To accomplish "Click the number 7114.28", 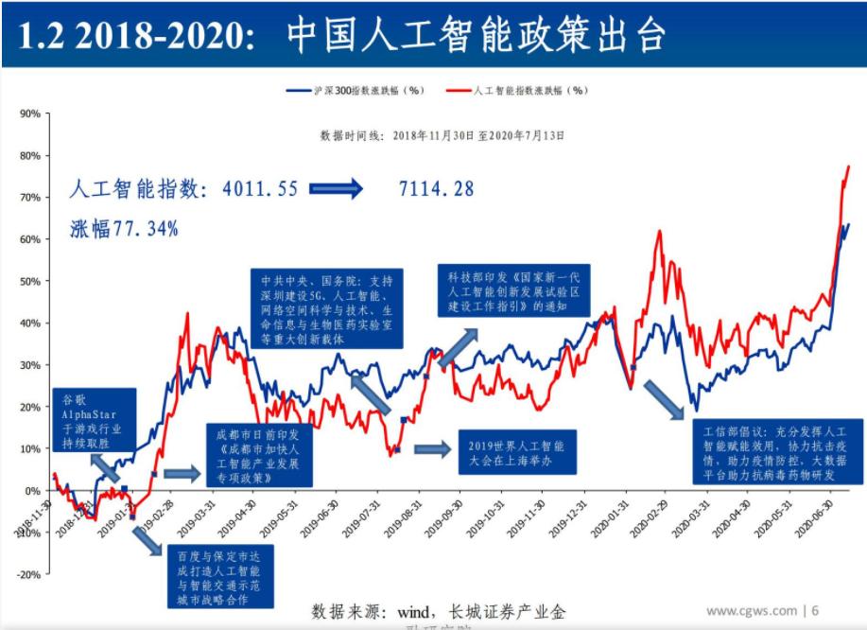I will pyautogui.click(x=437, y=189).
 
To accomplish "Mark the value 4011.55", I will pyautogui.click(x=260, y=189).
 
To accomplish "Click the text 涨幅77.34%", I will pyautogui.click(x=124, y=229).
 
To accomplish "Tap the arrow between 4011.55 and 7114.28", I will pyautogui.click(x=337, y=189).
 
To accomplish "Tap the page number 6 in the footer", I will pyautogui.click(x=815, y=610).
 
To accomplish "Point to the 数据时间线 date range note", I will pyautogui.click(x=442, y=135).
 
